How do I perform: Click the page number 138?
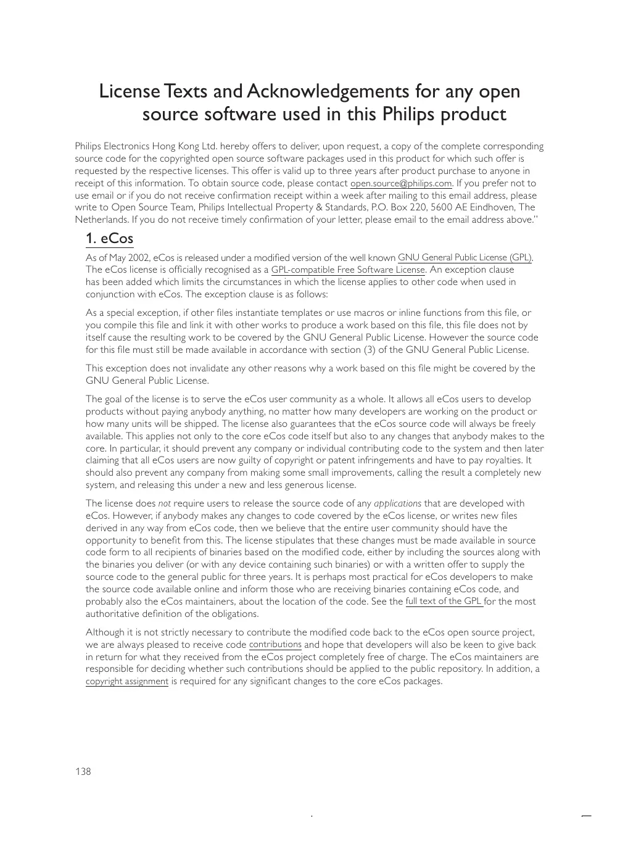83,772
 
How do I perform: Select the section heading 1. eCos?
109,239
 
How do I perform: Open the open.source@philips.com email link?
401,184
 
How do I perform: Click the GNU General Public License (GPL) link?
465,258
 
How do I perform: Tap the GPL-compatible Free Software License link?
348,270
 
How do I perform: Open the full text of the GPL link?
444,602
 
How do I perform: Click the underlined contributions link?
275,645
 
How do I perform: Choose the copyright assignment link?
126,682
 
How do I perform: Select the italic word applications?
397,503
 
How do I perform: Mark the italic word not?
164,503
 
